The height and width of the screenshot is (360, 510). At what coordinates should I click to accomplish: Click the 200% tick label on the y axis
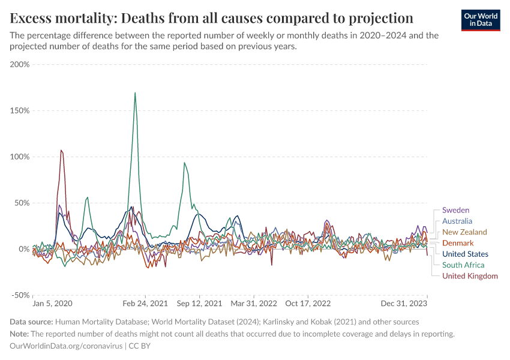tap(20, 64)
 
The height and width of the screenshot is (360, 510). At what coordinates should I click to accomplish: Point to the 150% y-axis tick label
tap(20, 110)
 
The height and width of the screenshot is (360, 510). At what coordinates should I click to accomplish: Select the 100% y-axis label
tap(20, 157)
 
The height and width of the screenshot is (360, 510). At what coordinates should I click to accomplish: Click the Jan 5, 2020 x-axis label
tap(52, 304)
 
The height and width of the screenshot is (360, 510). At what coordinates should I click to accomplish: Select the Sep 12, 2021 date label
tap(199, 304)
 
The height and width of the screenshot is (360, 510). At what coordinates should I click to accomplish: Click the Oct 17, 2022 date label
tap(308, 304)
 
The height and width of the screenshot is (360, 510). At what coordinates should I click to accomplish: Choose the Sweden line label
tap(455, 210)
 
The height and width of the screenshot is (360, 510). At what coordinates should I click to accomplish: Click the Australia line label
tap(457, 221)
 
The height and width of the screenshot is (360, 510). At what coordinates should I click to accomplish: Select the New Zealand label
tap(464, 232)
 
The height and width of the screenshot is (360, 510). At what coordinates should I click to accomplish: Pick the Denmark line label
tap(458, 243)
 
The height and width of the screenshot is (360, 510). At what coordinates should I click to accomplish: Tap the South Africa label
tap(463, 265)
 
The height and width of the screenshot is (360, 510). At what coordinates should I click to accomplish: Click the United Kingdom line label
tap(470, 276)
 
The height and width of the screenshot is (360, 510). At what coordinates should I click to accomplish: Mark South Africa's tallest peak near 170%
tap(135, 93)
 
